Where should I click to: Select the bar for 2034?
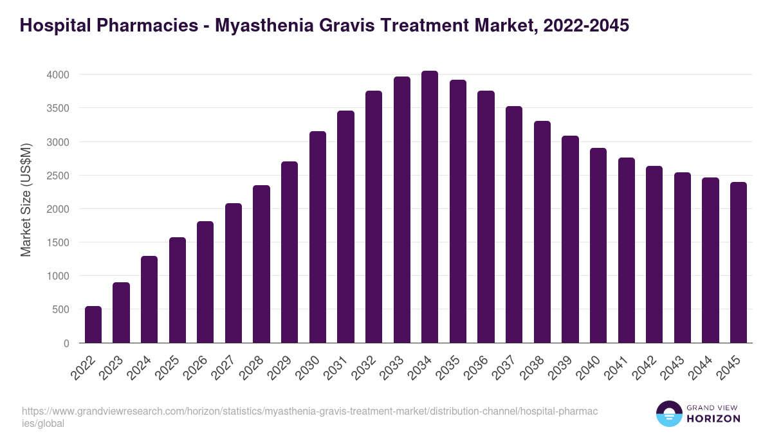click(x=430, y=207)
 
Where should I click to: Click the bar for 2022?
click(x=93, y=325)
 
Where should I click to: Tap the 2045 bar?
click(x=739, y=262)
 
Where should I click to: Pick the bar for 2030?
click(x=318, y=237)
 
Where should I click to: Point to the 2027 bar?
click(x=234, y=273)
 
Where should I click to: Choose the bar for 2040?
click(x=598, y=246)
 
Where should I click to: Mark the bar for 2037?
click(x=514, y=224)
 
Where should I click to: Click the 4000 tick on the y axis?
click(x=58, y=75)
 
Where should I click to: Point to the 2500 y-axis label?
click(x=58, y=176)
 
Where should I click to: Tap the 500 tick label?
click(x=60, y=309)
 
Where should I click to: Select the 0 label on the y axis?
click(x=66, y=343)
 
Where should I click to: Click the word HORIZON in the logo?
click(x=713, y=418)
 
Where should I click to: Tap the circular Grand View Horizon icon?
click(x=669, y=413)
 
